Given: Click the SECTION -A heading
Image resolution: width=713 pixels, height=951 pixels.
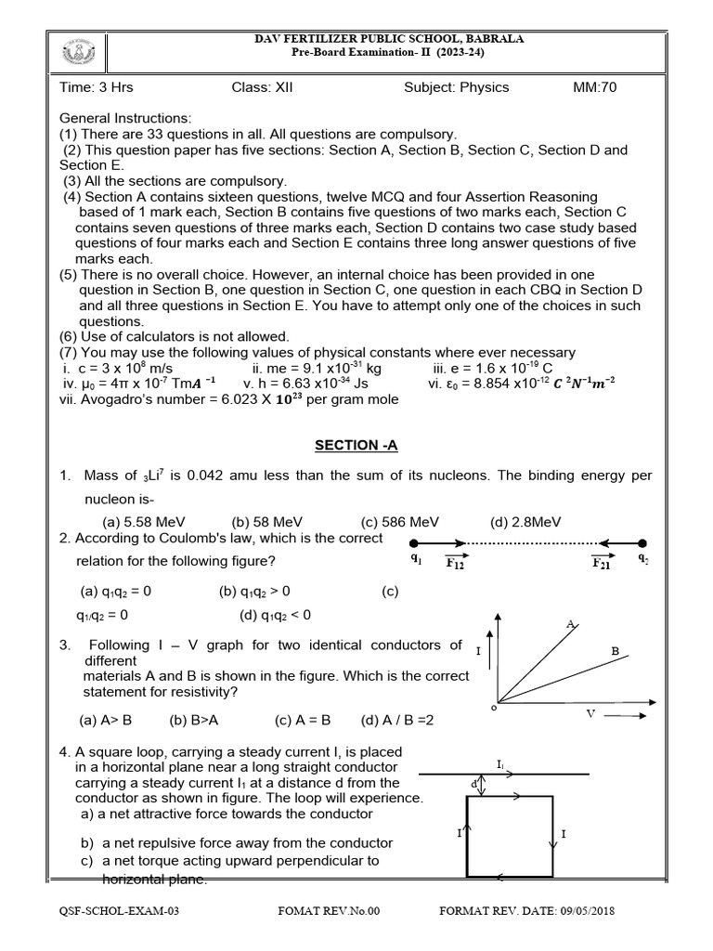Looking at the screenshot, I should (356, 446).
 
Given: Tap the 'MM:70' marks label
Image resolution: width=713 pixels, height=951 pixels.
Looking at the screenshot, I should (595, 88).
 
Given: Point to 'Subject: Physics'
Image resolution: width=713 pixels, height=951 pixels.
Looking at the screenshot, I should (456, 88).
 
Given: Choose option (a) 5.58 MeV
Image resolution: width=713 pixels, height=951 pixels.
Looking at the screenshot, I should (145, 522).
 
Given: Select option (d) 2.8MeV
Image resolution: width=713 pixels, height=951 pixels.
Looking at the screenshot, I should (525, 522).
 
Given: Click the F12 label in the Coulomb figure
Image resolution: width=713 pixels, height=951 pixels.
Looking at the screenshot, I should (455, 563).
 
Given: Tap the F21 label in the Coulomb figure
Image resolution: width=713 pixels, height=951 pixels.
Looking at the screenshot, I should (602, 563).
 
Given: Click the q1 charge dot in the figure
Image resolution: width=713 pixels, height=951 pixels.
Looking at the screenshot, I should (414, 543).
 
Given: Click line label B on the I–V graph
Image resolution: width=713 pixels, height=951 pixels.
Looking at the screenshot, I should (615, 652).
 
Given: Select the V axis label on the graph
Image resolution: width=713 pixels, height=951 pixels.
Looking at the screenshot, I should (590, 713).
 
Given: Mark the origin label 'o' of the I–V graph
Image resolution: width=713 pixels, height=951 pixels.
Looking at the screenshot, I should (493, 708).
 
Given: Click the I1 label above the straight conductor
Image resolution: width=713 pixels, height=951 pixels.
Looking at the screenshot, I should (501, 764).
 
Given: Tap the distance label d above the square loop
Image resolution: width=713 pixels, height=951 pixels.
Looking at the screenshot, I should (474, 785).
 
